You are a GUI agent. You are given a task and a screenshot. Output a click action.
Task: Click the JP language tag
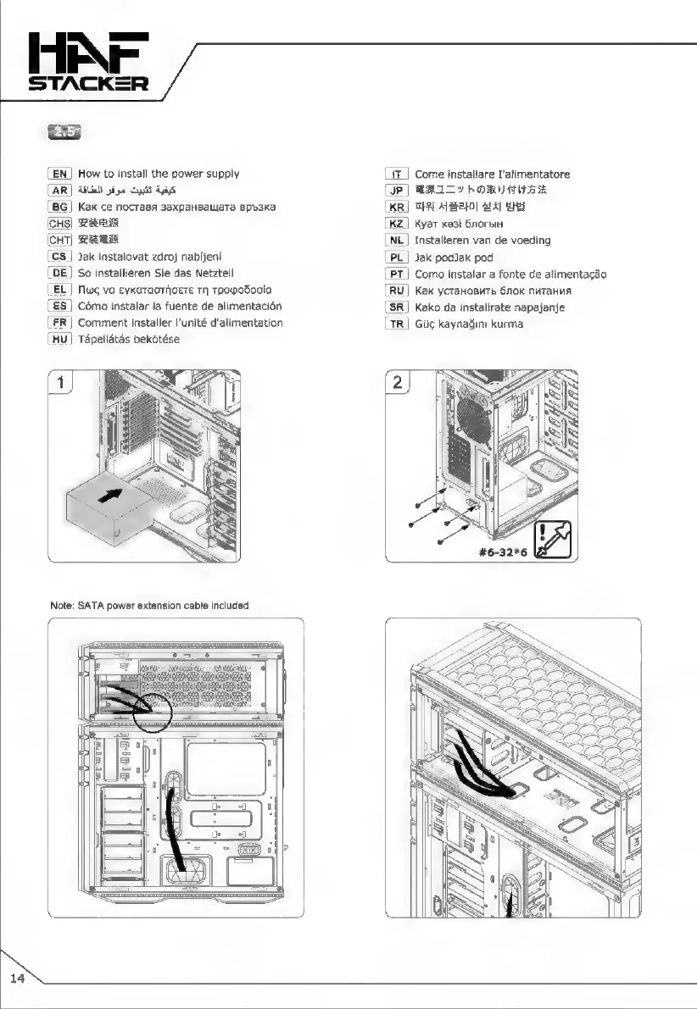tap(397, 190)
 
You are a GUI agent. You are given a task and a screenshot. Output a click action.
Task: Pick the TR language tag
tap(397, 323)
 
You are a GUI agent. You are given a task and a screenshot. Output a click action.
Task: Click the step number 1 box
tap(60, 383)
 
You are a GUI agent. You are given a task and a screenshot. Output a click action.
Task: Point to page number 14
tap(18, 979)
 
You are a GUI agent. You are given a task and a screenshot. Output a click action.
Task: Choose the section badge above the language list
tap(65, 132)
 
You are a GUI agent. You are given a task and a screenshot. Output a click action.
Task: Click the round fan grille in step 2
tap(474, 418)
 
